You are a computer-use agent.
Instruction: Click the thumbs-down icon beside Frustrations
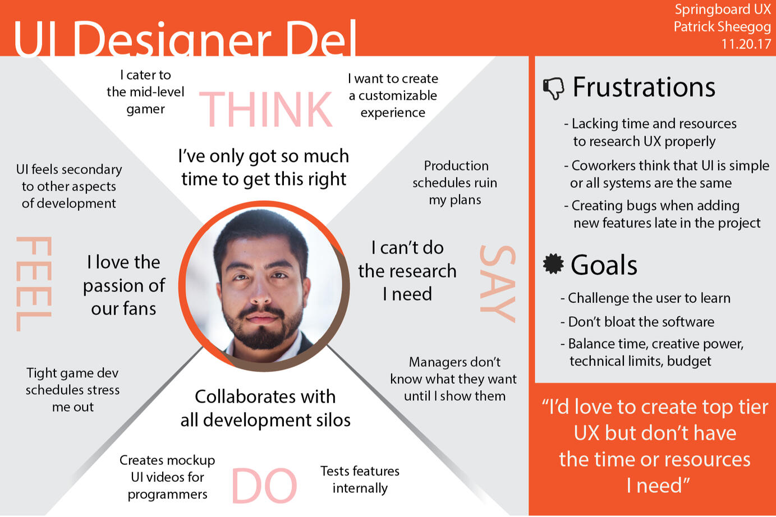coord(553,88)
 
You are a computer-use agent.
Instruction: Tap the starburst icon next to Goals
coord(553,264)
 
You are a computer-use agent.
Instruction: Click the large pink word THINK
coord(266,109)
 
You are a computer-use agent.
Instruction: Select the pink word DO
coord(264,485)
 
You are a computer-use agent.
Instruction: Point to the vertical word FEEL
coord(34,284)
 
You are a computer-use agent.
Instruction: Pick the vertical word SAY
coord(498,284)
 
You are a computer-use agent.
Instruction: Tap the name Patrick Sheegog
coord(722,27)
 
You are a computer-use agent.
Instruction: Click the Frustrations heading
coord(644,87)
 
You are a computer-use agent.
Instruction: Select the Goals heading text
coord(604,265)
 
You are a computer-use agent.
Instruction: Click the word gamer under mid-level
coord(145,109)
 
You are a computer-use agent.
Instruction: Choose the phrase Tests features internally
coord(360,479)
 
